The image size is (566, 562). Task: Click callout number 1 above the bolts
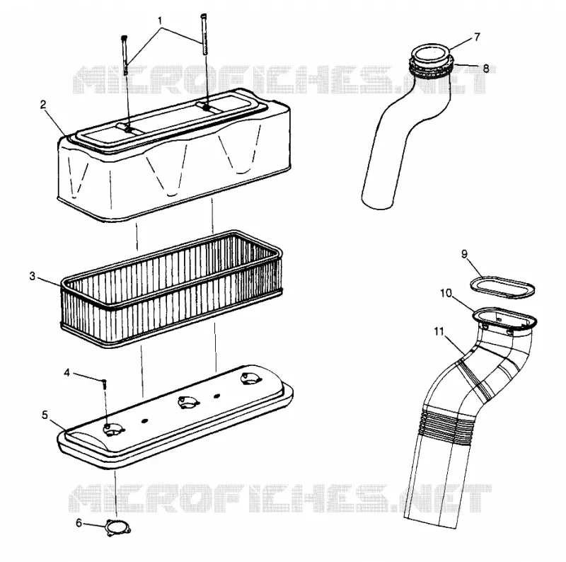pos(160,21)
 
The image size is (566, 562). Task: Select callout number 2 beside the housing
pos(43,105)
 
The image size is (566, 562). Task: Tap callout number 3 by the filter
pos(33,277)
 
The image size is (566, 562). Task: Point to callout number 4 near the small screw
pos(67,372)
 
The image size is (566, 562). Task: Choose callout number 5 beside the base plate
pos(45,415)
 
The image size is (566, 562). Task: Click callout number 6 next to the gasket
pos(79,522)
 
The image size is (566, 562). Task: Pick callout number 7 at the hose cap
pos(477,37)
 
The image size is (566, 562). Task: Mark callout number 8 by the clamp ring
pos(486,68)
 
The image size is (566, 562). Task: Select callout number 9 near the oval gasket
pos(465,254)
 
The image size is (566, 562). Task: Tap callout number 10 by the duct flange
pos(446,293)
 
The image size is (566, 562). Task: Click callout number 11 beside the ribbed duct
pos(439,331)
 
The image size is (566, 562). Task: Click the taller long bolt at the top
pos(204,34)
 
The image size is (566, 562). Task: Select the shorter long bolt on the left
pos(125,55)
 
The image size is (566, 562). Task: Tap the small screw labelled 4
pos(105,384)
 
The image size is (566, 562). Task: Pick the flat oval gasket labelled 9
pos(503,287)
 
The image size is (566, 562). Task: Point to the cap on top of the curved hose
pos(431,55)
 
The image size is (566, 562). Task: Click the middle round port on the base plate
pos(188,401)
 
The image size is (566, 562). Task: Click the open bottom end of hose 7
pos(376,202)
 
